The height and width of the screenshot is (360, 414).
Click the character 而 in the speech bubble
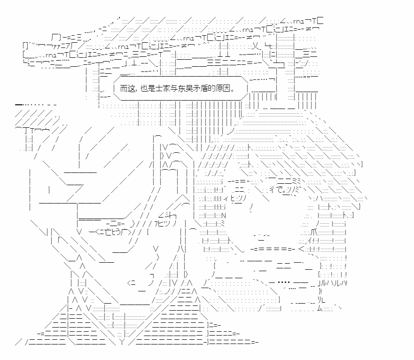[124, 88]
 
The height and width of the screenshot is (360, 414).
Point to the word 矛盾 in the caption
[195, 88]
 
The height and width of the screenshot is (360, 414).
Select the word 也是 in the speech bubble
[148, 88]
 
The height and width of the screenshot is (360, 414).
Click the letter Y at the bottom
[122, 342]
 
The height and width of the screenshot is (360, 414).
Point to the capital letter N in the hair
[224, 215]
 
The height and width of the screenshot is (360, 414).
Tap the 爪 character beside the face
[314, 233]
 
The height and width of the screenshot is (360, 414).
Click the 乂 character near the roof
[255, 47]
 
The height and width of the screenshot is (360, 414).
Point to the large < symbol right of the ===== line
[302, 249]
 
